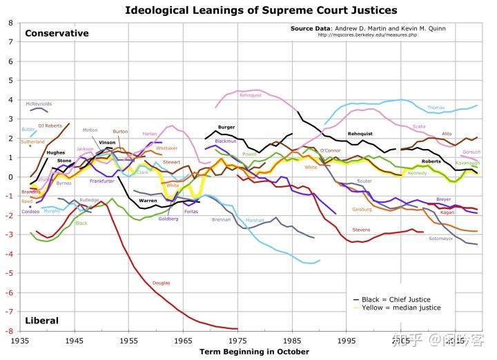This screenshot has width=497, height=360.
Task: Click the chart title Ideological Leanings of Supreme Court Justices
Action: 261,10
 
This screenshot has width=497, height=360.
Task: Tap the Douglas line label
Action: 161,283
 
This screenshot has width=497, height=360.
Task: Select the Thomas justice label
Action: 436,108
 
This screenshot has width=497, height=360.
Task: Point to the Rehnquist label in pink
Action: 249,95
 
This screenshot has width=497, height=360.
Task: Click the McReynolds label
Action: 39,104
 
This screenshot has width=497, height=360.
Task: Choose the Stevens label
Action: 361,229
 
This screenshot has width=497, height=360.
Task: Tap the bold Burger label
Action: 226,127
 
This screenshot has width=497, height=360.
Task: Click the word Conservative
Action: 57,33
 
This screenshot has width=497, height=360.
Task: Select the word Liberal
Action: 41,321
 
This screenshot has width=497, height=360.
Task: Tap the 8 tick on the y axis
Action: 10,23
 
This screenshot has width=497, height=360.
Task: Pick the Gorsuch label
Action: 471,152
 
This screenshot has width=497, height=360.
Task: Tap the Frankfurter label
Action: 101,181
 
